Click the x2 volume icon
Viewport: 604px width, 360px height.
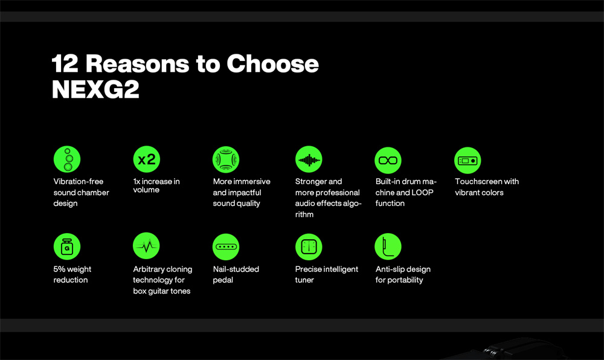[x=146, y=159]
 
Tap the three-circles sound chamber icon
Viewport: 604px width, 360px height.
[x=67, y=159]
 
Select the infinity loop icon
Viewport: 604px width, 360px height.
[x=388, y=160]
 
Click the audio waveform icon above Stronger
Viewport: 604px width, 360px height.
[x=309, y=159]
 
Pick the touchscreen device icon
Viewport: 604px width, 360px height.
[x=467, y=160]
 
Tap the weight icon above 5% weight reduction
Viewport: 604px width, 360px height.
[x=67, y=247]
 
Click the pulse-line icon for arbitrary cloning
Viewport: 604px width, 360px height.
[x=146, y=246]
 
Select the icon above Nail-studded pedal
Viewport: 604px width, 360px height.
[x=226, y=247]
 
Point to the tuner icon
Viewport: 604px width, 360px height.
[x=309, y=247]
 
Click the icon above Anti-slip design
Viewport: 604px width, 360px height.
[x=388, y=246]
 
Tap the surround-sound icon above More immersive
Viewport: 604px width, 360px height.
[x=226, y=159]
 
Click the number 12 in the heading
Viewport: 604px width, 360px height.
[x=65, y=63]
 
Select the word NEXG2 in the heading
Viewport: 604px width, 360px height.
[x=95, y=89]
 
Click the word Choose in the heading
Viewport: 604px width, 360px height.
[x=273, y=63]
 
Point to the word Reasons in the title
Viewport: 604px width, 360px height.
[x=137, y=63]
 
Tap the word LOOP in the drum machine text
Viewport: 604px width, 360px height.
[x=423, y=193]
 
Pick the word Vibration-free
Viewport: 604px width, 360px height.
[x=79, y=181]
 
